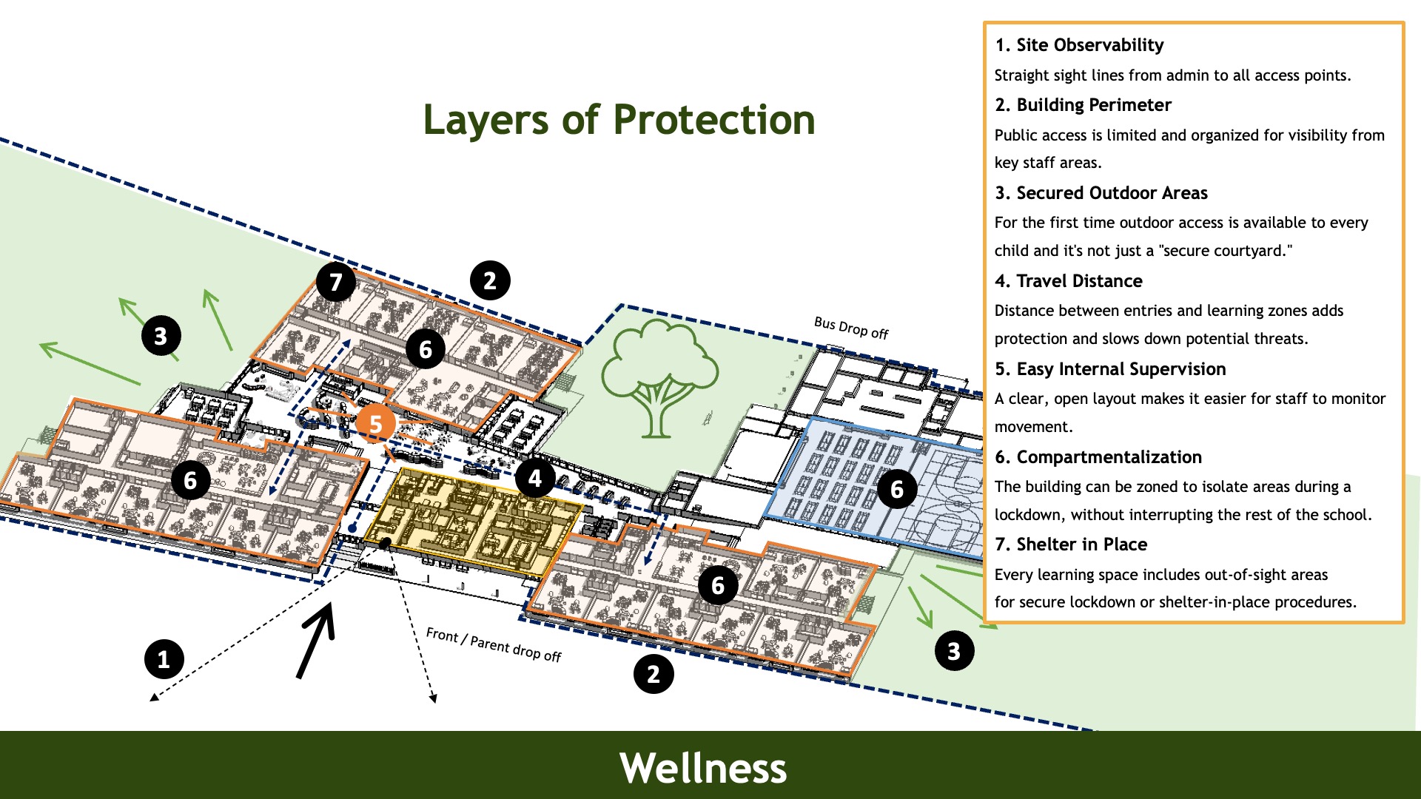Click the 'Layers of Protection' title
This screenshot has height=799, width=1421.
[x=619, y=120]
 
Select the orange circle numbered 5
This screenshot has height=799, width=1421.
[x=375, y=425]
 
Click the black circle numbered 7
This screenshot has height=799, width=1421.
[x=335, y=282]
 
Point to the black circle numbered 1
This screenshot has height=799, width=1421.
[x=164, y=658]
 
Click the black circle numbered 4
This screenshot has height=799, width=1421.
[x=535, y=479]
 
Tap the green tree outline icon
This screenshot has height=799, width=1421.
[x=658, y=377]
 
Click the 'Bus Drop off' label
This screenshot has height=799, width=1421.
[x=850, y=327]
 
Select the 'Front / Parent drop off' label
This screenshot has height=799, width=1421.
[x=494, y=644]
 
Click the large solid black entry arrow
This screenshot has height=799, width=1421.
[x=317, y=640]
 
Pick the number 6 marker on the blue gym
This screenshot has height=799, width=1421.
[x=897, y=489]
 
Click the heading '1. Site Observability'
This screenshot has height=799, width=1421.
[x=1079, y=45]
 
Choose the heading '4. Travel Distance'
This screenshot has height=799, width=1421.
[x=1068, y=281]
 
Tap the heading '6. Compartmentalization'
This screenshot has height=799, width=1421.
[x=1098, y=457]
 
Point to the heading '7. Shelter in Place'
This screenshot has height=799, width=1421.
[x=1070, y=545]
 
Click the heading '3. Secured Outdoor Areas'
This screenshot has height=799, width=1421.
[x=1101, y=193]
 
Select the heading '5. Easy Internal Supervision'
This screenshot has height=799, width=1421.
[x=1110, y=369]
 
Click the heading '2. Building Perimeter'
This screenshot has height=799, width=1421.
[x=1083, y=105]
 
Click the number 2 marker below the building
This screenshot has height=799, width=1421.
[x=654, y=674]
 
